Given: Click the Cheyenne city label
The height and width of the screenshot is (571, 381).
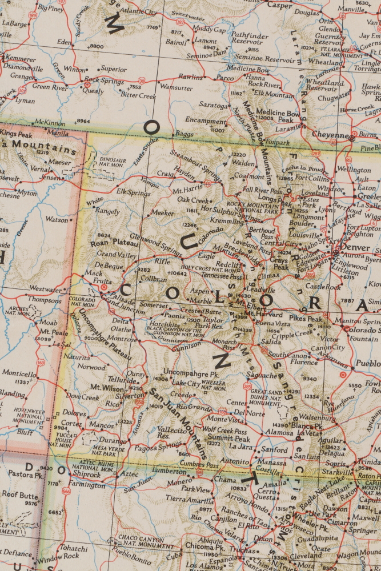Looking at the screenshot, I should tap(330, 135).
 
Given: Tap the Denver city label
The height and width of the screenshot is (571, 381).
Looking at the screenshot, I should tap(354, 247).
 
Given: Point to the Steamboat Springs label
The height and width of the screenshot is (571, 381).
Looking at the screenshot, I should tap(195, 156).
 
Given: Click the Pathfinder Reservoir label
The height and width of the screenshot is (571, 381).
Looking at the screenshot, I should tap(249, 38).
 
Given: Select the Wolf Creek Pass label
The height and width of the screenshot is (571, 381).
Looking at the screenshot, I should tap(226, 429).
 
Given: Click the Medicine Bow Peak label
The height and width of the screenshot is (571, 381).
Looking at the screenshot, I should tap(277, 116).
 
